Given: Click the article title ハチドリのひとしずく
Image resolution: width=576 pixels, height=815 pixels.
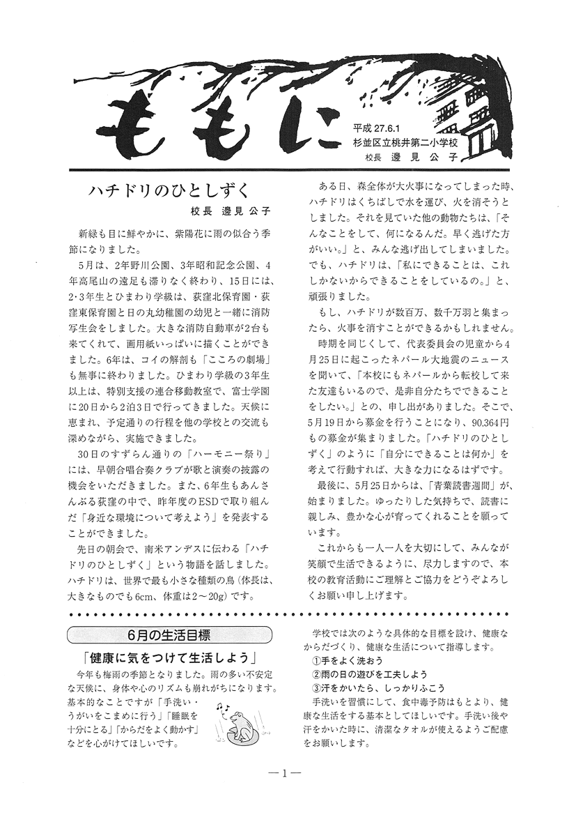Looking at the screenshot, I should click(169, 192).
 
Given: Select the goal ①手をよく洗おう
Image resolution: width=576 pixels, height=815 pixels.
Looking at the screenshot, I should click(347, 660).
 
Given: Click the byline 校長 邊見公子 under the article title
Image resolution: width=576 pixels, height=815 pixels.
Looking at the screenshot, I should click(230, 211).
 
